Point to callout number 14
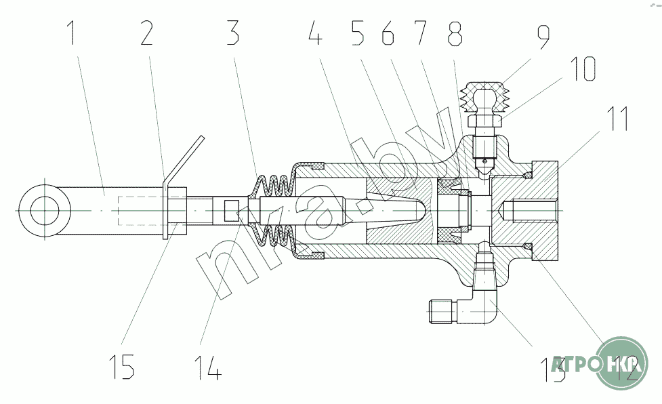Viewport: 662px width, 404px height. pos(206,366)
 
